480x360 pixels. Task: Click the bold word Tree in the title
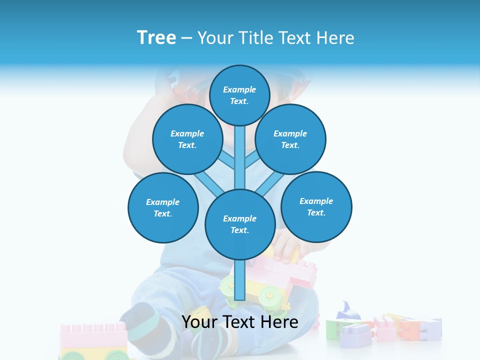156,37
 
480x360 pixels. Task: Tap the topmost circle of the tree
240,95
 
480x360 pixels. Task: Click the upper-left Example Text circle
187,139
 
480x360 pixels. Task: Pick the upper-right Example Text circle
290,139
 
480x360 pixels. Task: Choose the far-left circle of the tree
163,207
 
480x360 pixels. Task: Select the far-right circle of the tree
316,206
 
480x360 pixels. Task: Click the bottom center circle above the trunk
240,224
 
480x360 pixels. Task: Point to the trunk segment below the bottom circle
240,280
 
